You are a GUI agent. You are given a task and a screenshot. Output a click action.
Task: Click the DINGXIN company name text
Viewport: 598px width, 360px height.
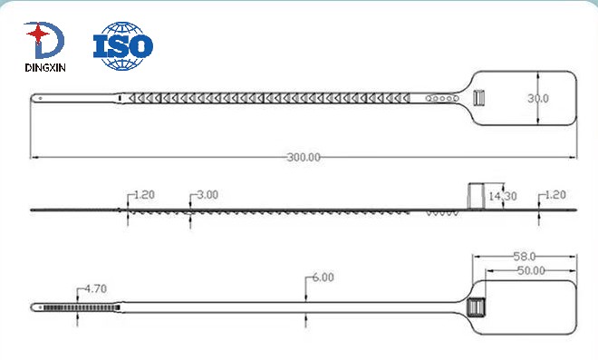tap(45, 68)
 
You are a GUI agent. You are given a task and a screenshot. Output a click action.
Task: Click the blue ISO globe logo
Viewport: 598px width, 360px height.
tap(123, 46)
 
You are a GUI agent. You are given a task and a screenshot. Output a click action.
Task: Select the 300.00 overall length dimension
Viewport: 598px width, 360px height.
tap(304, 157)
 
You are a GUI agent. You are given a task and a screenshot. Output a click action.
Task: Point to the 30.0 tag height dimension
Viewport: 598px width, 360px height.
tap(538, 99)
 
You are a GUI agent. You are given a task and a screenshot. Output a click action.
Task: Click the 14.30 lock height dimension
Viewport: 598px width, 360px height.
tap(503, 196)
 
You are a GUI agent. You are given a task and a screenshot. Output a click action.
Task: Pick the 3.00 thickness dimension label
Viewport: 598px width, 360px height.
tap(207, 195)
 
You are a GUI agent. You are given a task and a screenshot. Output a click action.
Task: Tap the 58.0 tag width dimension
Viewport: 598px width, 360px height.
tap(525, 256)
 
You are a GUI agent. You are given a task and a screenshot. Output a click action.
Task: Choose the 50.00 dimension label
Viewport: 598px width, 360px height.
tap(531, 270)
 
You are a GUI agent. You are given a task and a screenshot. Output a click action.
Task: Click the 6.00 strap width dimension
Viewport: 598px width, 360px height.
tap(323, 277)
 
